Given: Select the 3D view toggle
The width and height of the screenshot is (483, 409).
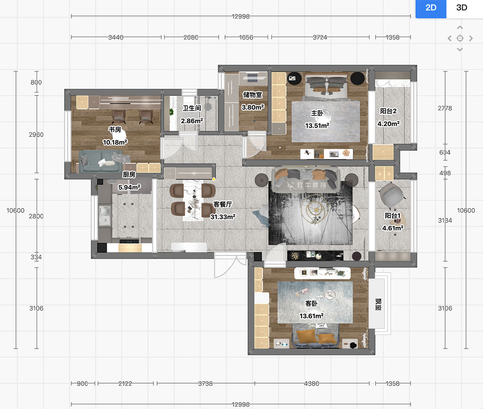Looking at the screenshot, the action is pos(462,8).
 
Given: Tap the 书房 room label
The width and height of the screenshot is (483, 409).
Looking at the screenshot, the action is pos(114,129).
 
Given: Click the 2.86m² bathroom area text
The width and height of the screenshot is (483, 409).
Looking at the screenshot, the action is pos(192,121).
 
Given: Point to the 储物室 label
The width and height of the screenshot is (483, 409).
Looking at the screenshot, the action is pos(253,95).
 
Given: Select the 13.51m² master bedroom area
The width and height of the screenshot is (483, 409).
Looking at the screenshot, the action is pos(317,126).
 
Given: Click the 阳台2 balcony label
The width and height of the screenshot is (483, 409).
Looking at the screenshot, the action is pos(388,111).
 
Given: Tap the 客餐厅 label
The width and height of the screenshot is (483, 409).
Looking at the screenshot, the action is pos(223,204).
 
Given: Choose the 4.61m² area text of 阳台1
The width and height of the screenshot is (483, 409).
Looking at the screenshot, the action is pos(393,228).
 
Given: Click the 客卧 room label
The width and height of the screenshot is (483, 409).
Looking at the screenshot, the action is pos(312,304).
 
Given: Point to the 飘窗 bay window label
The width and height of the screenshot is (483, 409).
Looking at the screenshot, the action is pos(378,304).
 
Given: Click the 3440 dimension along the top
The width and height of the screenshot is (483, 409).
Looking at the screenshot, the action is pos(116,37).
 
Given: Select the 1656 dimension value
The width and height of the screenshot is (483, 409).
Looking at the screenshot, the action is pos(246,37).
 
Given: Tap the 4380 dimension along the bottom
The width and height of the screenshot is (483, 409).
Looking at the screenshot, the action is pos(312,384).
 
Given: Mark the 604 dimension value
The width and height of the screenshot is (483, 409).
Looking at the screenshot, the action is pos(445,153).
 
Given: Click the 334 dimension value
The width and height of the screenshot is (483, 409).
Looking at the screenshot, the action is pos(36,257).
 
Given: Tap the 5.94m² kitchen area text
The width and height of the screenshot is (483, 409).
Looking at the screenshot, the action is pos(129,187).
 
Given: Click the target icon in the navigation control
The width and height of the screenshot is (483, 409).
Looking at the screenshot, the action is pos(460,38).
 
